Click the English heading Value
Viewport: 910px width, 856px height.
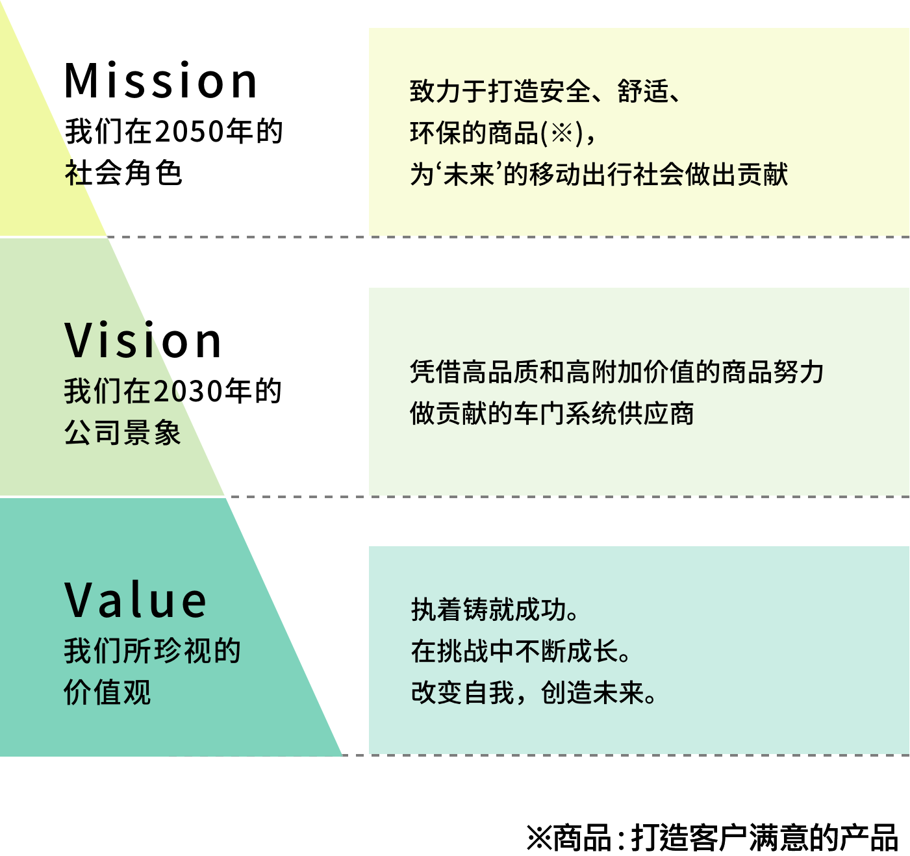[136, 599]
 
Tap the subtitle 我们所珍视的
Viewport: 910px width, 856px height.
[152, 651]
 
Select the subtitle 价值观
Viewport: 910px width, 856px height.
[107, 692]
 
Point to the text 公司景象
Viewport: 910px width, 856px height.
[122, 433]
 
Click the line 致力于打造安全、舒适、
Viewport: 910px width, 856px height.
[546, 92]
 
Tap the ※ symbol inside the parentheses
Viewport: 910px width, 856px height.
[562, 133]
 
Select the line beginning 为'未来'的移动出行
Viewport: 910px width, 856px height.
[598, 174]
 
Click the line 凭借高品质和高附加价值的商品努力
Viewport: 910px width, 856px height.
[616, 372]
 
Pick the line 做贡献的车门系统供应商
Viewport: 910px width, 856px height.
[551, 414]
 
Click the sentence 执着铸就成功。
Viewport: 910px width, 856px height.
[495, 610]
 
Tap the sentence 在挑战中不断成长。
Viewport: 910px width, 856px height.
[521, 651]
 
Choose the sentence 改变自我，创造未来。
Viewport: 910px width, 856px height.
[534, 692]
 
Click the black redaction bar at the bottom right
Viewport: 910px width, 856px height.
[712, 837]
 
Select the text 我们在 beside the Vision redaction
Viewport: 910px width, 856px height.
[107, 392]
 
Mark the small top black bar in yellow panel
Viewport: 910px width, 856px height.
[160, 79]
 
